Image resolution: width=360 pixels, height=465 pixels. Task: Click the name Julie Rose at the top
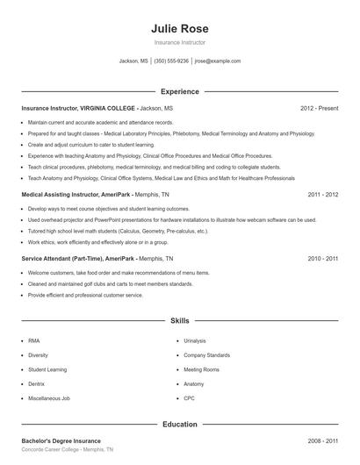(179, 28)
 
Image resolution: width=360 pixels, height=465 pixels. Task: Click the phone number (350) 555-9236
(171, 61)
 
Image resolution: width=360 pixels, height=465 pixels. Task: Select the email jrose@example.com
(217, 61)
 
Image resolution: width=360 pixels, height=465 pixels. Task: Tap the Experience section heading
(179, 91)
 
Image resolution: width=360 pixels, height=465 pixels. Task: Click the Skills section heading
(179, 321)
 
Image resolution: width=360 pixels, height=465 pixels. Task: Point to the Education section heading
(179, 424)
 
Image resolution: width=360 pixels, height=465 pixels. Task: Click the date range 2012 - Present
(319, 108)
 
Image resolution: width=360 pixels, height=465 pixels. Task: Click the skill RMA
(34, 340)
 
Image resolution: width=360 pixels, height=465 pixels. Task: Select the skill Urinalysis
(195, 340)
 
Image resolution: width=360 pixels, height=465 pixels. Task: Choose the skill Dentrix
(37, 384)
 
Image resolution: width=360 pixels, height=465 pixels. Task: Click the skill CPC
(189, 399)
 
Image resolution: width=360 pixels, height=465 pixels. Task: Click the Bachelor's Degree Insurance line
(61, 440)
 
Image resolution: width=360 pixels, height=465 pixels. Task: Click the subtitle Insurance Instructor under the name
(179, 42)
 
